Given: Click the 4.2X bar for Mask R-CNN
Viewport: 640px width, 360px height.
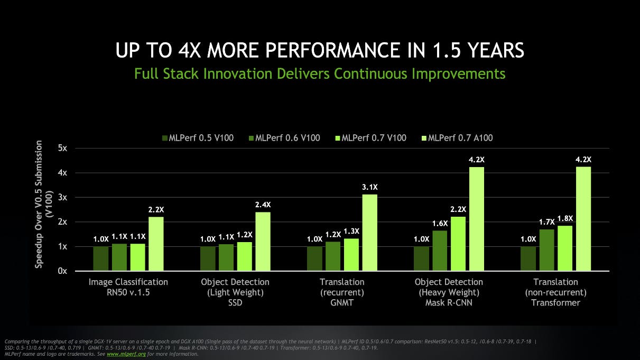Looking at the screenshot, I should click(476, 219).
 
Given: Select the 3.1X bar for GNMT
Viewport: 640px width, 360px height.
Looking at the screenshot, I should click(369, 233).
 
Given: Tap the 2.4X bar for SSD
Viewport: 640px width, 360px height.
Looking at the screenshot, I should click(263, 241).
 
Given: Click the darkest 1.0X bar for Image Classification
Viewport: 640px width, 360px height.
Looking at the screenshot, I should click(101, 259).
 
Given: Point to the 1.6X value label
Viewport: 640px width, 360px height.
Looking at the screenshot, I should click(440, 224).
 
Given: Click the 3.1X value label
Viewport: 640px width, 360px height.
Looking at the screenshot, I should click(369, 187).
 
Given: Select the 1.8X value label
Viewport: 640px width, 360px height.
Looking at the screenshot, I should click(565, 218).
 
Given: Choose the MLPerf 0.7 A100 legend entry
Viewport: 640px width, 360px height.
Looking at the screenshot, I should click(456, 138).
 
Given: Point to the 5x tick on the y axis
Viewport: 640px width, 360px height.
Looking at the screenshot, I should click(62, 148).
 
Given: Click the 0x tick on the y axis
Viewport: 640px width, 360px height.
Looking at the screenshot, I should click(62, 271).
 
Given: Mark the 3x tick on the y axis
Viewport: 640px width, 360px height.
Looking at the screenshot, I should click(62, 197).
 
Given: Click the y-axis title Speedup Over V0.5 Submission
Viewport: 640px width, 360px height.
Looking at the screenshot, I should click(39, 208).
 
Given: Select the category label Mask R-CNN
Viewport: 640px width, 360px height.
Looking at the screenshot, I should click(449, 303).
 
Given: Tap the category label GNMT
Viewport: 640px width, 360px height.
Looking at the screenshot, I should click(342, 303).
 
